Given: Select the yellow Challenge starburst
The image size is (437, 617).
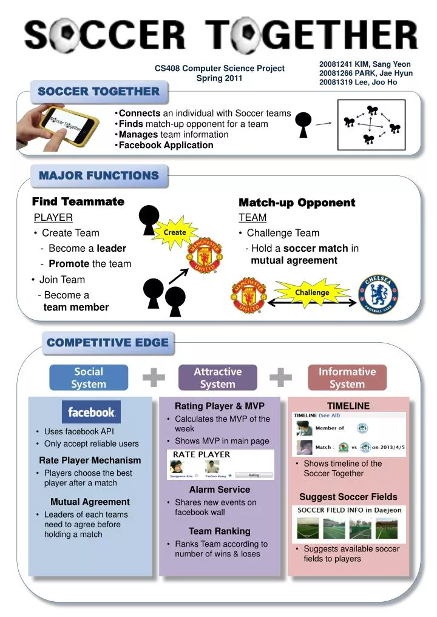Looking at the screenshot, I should pos(312,292).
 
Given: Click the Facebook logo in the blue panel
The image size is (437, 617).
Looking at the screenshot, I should pos(91,412).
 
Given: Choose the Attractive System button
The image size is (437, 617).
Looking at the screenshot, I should pos(217,377).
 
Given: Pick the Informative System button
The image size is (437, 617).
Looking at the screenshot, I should pos(347,377).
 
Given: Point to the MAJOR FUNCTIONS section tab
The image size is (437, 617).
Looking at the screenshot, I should pos(99,175).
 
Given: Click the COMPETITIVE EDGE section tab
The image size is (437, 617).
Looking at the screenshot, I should pos(107,343).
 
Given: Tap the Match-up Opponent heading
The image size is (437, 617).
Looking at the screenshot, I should pos(297,203).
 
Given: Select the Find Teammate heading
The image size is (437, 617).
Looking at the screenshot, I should pos(78,201).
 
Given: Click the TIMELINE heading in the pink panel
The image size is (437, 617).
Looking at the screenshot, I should pos(348,406).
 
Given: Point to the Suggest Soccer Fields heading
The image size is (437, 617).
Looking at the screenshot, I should pos(348,497).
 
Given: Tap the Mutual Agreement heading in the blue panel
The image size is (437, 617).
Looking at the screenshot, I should pos(90,502).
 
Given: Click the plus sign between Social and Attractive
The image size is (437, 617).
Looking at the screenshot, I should pos(154,377).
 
